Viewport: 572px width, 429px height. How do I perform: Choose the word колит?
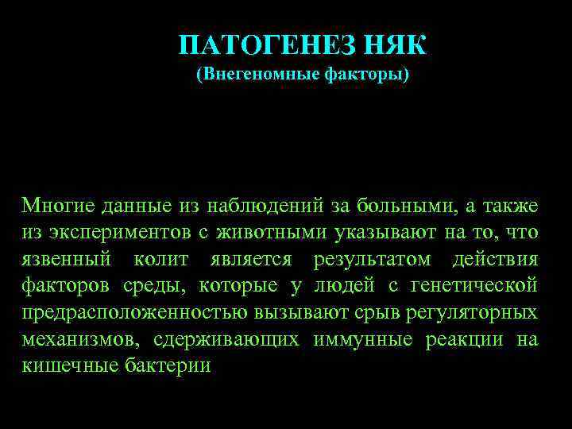click(x=166, y=259)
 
